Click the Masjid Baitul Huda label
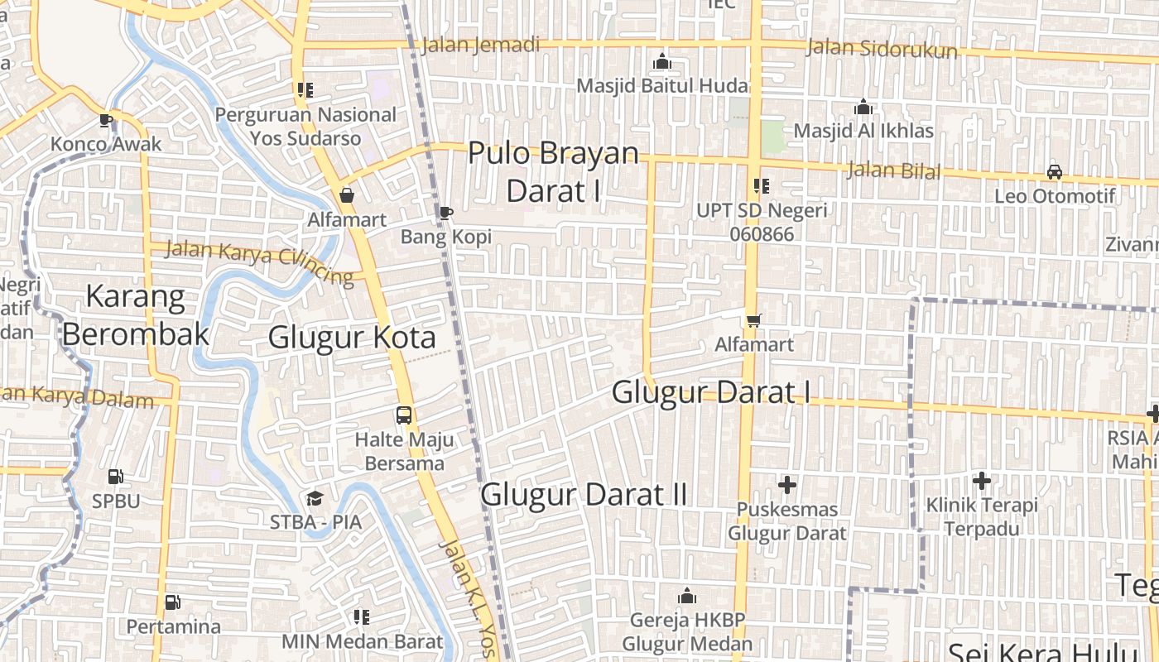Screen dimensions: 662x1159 [662, 86]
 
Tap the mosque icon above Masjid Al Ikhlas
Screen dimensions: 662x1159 [863, 108]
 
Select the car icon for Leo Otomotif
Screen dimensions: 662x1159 [1055, 172]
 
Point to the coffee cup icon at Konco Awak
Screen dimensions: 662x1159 [106, 120]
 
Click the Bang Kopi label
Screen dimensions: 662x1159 [446, 237]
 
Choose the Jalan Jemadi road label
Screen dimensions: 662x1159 [480, 45]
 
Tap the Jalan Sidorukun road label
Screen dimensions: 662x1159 [882, 48]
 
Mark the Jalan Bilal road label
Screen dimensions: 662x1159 [893, 171]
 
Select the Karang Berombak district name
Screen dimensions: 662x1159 [136, 315]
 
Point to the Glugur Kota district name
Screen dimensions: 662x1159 [352, 338]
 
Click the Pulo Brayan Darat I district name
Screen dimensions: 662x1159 [554, 172]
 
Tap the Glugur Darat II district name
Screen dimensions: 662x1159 [584, 495]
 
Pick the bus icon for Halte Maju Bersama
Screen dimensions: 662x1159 [404, 415]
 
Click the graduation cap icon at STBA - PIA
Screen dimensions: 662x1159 [315, 498]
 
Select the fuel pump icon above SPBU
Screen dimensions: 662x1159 [116, 477]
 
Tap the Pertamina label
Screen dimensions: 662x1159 [174, 626]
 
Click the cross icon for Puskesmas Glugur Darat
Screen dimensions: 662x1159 [787, 484]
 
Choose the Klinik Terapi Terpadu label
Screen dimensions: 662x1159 [981, 516]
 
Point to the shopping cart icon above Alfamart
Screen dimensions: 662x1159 [753, 320]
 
